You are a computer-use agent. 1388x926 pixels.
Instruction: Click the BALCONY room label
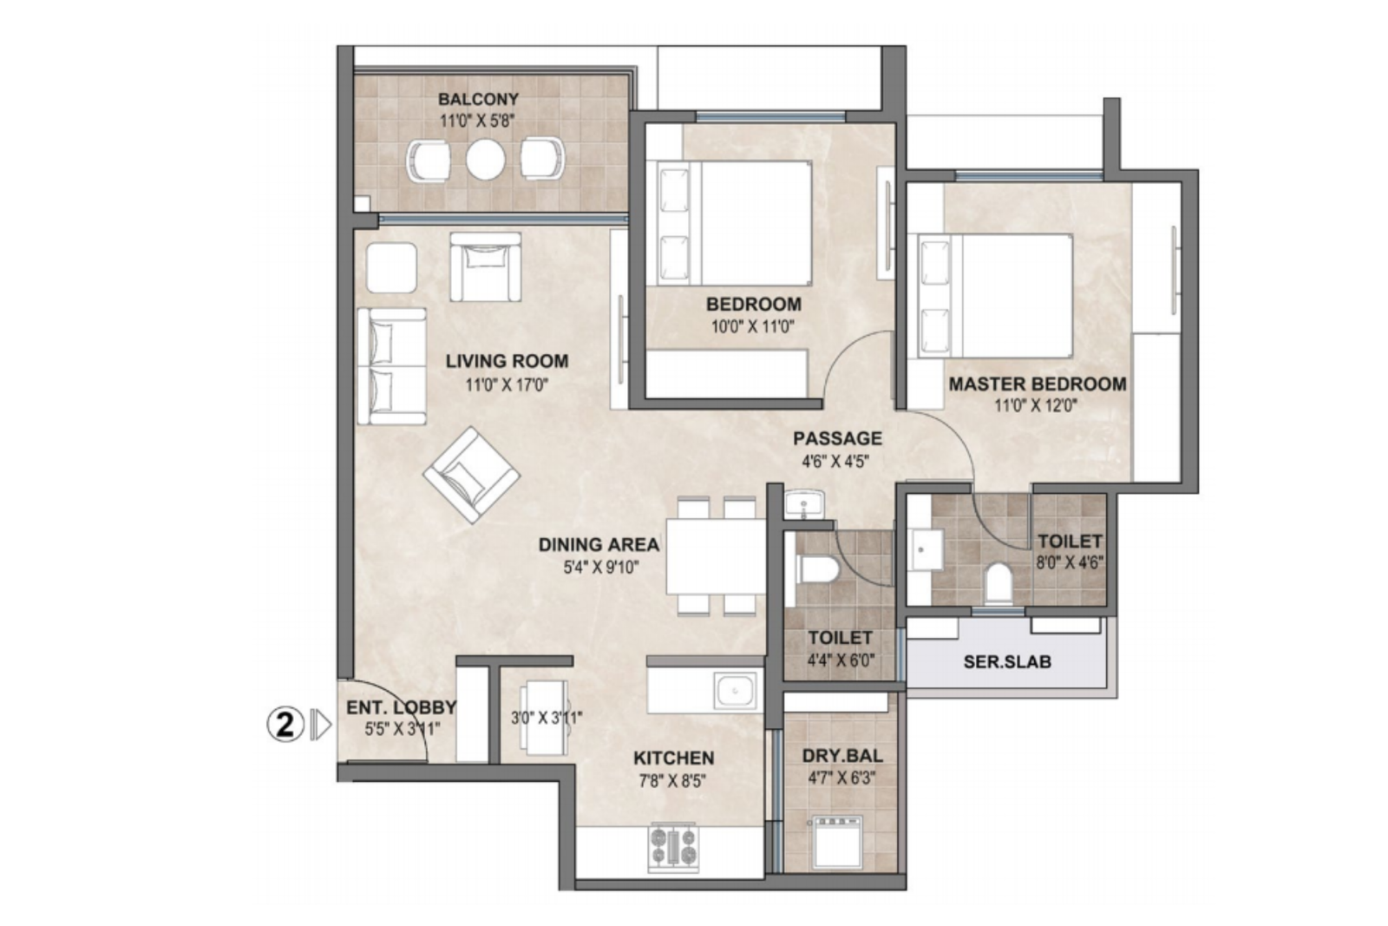click(478, 99)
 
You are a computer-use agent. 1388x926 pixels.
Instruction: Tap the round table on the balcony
click(485, 160)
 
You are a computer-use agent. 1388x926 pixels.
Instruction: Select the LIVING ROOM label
click(507, 361)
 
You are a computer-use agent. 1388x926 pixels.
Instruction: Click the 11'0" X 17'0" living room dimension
click(507, 385)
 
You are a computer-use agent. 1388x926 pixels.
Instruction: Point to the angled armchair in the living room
click(472, 475)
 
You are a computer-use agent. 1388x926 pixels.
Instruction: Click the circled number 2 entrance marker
click(285, 725)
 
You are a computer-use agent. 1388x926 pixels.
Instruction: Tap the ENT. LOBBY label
click(401, 707)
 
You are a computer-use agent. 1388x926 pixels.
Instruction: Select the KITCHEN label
click(673, 758)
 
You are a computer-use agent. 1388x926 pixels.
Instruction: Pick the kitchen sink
click(735, 691)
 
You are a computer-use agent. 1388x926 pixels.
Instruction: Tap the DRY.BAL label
click(842, 756)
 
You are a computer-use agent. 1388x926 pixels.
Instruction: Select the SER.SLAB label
click(1007, 662)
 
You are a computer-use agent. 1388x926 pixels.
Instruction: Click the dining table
click(716, 556)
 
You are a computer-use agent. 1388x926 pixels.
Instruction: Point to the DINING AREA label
click(599, 545)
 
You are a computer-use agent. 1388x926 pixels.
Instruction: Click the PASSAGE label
click(837, 439)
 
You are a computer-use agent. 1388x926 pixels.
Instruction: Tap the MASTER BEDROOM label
click(1038, 384)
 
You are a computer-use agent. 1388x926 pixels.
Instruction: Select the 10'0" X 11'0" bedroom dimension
click(753, 326)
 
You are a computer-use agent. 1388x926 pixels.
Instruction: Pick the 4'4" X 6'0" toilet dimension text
click(841, 660)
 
